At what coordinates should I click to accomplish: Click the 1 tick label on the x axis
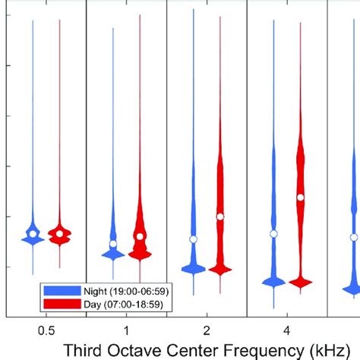pos(127,330)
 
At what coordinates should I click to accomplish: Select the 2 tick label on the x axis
pos(207,330)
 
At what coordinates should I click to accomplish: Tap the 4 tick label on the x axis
pos(287,330)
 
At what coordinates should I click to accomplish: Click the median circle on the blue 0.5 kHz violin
pos(33,234)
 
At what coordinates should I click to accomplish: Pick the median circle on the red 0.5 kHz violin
pos(60,235)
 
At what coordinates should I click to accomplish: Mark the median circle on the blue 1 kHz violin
pos(113,245)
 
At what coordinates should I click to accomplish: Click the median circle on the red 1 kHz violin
pos(140,236)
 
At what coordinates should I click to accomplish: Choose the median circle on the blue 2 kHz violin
pos(194,239)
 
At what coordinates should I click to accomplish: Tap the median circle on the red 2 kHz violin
pos(220,216)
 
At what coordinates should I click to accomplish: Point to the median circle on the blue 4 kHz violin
pos(274,234)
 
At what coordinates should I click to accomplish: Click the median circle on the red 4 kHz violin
pos(301,197)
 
